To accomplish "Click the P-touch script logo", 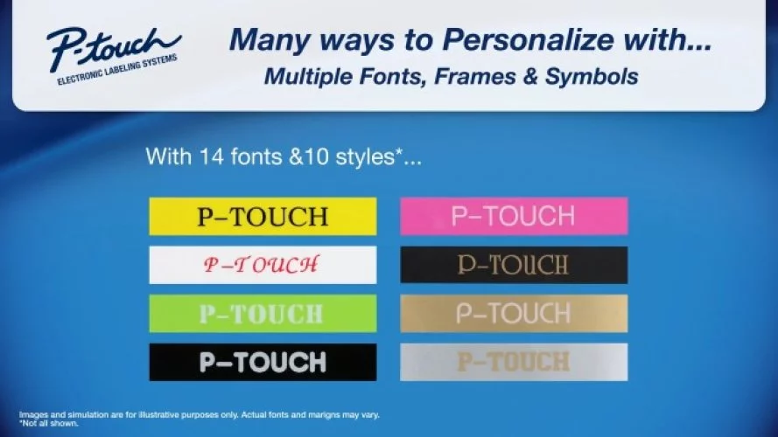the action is (x=113, y=50).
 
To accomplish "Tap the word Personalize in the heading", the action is (x=528, y=39).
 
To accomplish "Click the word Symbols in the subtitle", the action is (x=592, y=76).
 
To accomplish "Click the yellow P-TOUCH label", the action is (x=263, y=216).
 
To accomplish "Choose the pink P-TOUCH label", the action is (x=514, y=216).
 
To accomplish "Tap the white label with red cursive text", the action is (x=263, y=265).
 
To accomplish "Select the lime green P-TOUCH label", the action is (x=263, y=314).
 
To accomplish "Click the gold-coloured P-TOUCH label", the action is (x=514, y=314).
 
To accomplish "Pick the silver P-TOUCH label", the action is (x=514, y=362).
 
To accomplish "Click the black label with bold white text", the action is (x=263, y=362).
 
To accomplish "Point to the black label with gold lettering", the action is (x=514, y=265).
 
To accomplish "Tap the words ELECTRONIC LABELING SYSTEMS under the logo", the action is (x=117, y=70).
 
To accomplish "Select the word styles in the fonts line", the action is (x=365, y=157).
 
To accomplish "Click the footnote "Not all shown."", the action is (x=49, y=424).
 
